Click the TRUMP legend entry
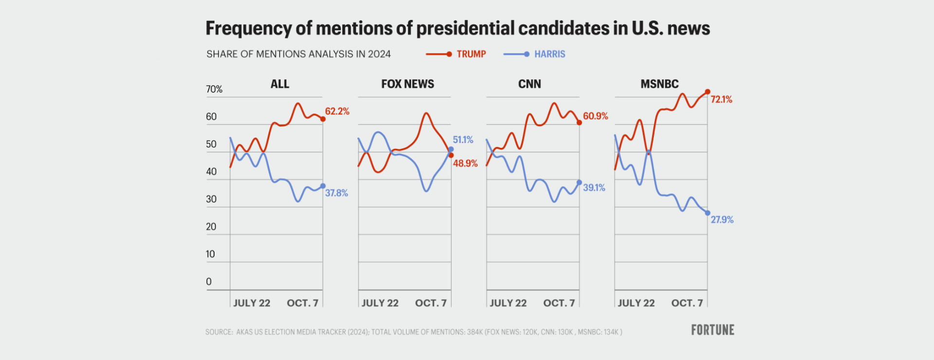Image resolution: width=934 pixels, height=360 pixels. (456, 54)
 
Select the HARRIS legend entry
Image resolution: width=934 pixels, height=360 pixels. (534, 54)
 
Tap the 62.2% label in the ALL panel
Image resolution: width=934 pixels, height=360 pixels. (337, 111)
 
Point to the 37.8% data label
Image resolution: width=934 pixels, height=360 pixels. (337, 193)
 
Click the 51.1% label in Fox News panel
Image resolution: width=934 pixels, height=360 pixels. (463, 140)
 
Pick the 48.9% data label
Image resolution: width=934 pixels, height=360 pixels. (466, 163)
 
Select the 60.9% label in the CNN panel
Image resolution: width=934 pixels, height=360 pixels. (595, 116)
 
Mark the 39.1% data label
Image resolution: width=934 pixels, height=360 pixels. (594, 187)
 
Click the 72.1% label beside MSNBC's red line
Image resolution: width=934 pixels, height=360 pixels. (721, 99)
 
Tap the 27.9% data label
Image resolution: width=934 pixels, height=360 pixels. (722, 220)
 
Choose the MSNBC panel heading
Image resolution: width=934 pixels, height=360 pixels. (659, 84)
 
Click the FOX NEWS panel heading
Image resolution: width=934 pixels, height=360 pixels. (408, 84)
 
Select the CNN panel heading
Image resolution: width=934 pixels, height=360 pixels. (529, 84)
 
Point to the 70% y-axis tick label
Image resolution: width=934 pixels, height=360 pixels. (214, 89)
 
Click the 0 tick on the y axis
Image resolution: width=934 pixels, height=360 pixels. (209, 282)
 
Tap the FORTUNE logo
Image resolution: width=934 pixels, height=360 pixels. (713, 330)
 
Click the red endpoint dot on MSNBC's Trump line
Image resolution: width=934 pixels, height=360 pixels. (707, 92)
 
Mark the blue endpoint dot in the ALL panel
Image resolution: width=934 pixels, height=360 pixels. (323, 186)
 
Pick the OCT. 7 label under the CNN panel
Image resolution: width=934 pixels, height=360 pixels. (559, 303)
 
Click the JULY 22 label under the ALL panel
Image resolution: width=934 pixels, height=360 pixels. (251, 303)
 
